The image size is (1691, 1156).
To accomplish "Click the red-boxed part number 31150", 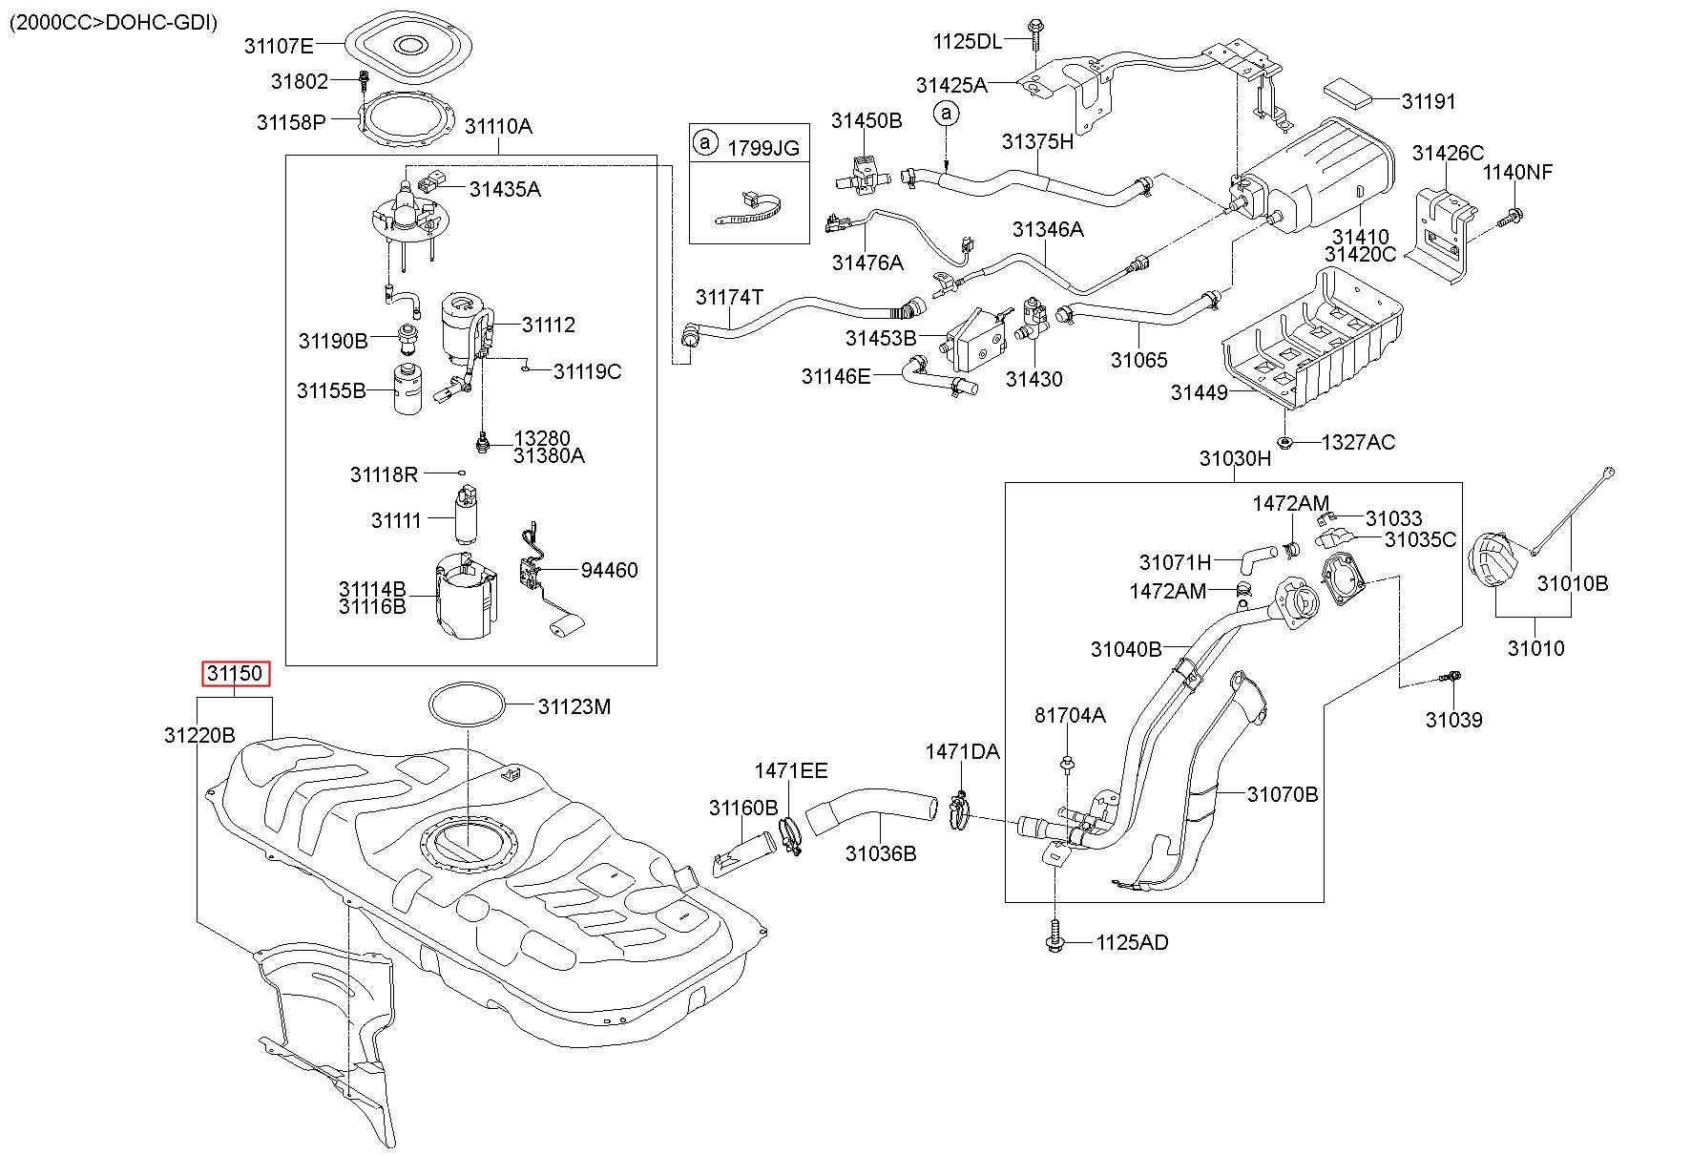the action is coord(235,674).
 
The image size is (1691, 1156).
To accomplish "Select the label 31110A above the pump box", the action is coord(497,126).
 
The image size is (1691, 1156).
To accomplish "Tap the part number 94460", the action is coord(609,570).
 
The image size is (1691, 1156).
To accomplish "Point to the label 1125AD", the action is coord(1132,942).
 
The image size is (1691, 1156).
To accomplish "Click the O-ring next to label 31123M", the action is coord(468,706).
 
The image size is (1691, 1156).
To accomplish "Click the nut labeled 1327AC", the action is coord(1285,442).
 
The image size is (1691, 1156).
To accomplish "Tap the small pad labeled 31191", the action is coord(1349,92).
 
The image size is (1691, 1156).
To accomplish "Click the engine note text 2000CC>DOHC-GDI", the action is coord(114,22).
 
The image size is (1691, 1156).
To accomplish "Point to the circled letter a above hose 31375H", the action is coord(946,114).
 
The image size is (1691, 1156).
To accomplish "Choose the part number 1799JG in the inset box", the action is coord(763,148).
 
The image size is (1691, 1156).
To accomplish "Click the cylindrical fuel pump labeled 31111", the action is coord(466,515).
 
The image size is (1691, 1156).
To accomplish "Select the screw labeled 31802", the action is coord(364,81).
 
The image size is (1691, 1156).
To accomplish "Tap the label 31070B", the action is coord(1283,793).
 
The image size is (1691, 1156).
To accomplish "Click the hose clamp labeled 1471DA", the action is coord(961,811).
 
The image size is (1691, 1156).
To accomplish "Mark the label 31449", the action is coord(1200,392).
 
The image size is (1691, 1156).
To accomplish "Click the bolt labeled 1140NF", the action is coord(1509,218).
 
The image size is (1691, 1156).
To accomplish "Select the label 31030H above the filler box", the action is coord(1235,458).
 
